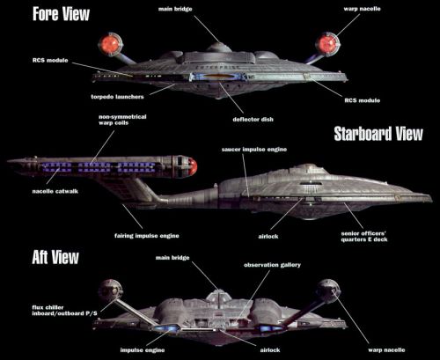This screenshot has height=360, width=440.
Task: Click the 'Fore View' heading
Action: click(x=61, y=14)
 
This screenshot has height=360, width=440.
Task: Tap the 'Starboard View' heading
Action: click(x=378, y=134)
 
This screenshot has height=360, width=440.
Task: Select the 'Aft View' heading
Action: click(x=55, y=257)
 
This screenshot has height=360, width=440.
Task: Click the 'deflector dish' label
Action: click(x=253, y=120)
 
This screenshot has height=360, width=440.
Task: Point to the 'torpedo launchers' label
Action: click(x=117, y=97)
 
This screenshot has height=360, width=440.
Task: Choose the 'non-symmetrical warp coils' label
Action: click(x=122, y=120)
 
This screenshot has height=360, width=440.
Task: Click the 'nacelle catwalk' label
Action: click(x=55, y=191)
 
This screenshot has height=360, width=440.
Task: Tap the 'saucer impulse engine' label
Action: click(x=254, y=150)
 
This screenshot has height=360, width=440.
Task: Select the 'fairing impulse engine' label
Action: click(x=147, y=236)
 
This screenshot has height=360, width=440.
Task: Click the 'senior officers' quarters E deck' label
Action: click(x=364, y=237)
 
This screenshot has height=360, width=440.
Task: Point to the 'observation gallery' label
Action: click(x=272, y=265)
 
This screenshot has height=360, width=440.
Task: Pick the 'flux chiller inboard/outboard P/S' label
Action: click(x=64, y=311)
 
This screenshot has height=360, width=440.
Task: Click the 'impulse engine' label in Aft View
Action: click(x=143, y=350)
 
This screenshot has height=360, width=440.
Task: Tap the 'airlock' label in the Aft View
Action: click(x=270, y=350)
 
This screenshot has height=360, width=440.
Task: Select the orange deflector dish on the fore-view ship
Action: click(x=217, y=77)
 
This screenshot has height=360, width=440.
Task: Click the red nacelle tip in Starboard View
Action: click(x=193, y=166)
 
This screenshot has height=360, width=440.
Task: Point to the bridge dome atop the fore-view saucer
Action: click(x=218, y=48)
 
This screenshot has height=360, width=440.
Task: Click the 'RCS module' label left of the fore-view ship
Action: click(x=50, y=61)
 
